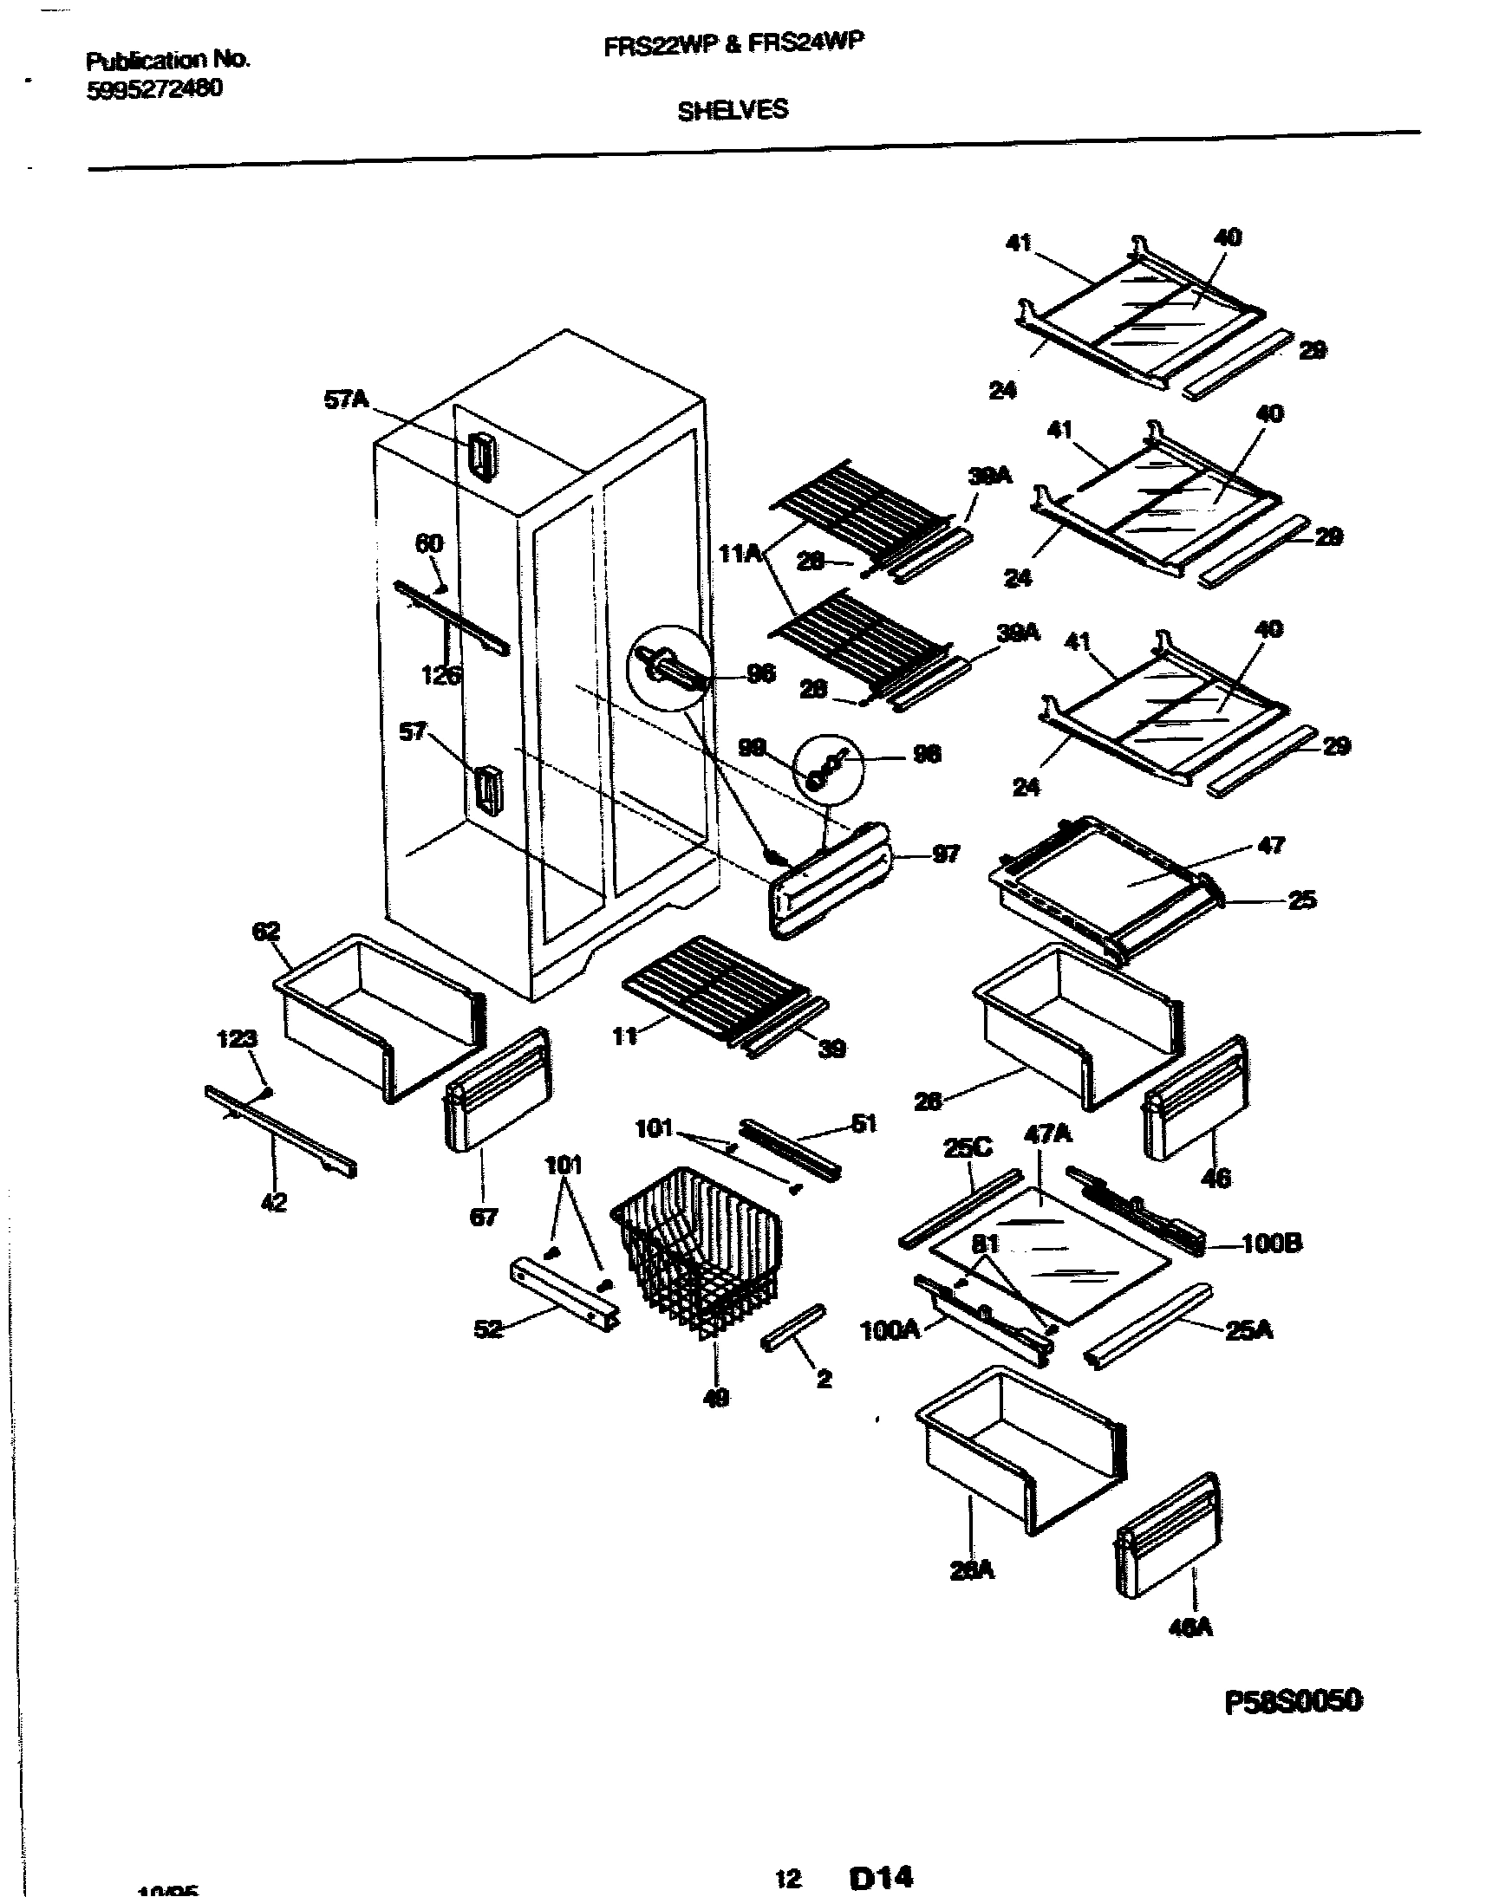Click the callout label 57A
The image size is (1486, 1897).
point(346,401)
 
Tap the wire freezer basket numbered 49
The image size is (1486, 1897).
point(696,1248)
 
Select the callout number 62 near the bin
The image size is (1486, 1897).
point(266,932)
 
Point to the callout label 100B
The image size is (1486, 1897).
point(1272,1244)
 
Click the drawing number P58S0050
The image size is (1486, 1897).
point(1293,1701)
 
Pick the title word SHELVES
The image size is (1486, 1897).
point(733,110)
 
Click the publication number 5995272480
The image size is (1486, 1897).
point(154,89)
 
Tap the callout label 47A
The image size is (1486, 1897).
point(1048,1134)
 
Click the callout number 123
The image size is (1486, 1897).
point(237,1038)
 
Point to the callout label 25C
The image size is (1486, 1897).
point(968,1148)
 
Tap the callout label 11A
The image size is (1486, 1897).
point(740,553)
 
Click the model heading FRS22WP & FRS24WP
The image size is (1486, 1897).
point(734,45)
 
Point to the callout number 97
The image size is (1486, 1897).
point(946,855)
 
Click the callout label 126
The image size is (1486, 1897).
point(441,675)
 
